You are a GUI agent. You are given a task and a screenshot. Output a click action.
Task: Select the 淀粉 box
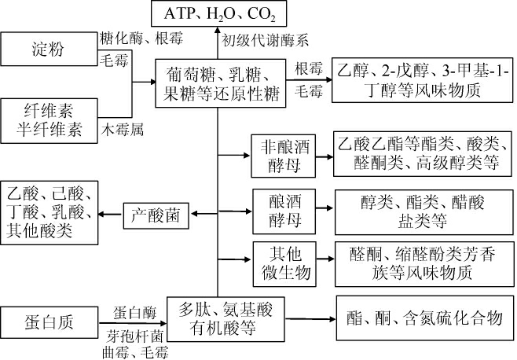[x=49, y=51]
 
